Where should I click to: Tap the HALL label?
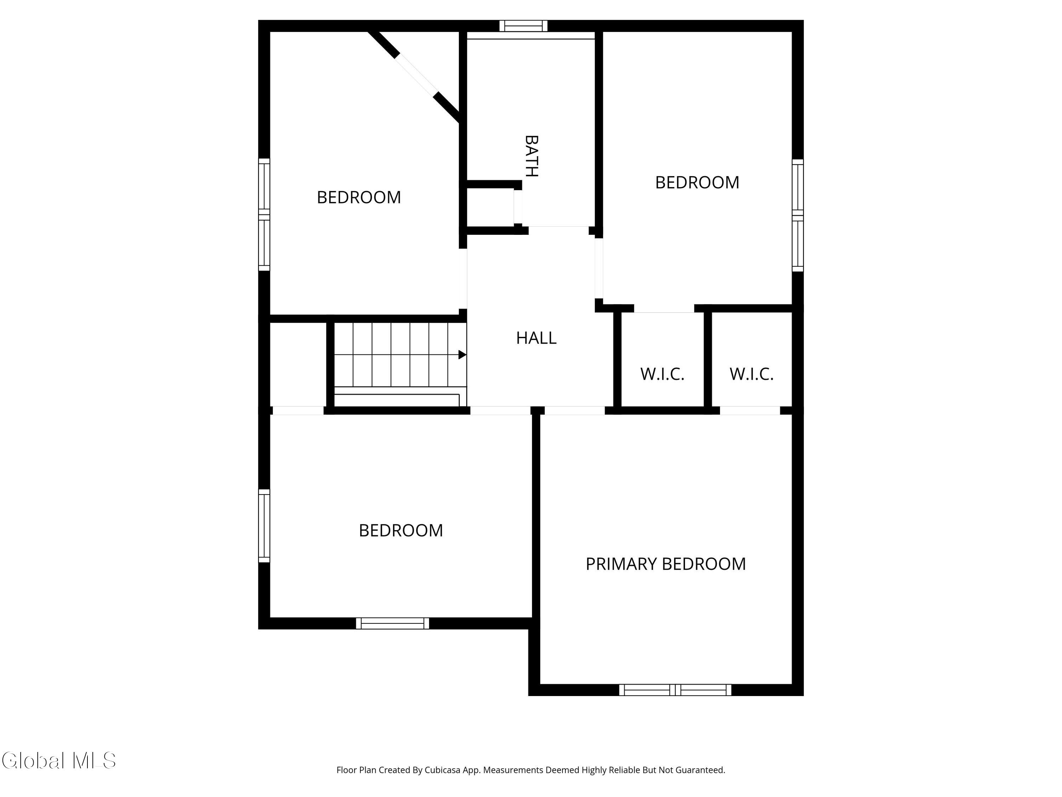point(536,338)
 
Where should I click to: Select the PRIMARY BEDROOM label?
point(666,564)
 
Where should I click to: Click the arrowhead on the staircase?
point(462,355)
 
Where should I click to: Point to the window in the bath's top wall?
point(523,26)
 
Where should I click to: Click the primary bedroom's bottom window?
point(675,690)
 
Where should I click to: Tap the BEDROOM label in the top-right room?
point(697,182)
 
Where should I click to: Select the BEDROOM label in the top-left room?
point(359,197)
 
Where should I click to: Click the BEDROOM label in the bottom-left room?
point(401,530)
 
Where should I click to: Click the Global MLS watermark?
point(58,761)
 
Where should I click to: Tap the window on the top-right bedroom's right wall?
point(798,215)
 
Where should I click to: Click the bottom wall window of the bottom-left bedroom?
point(392,623)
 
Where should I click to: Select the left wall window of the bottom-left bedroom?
point(264,526)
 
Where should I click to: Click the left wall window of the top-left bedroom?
point(264,214)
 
